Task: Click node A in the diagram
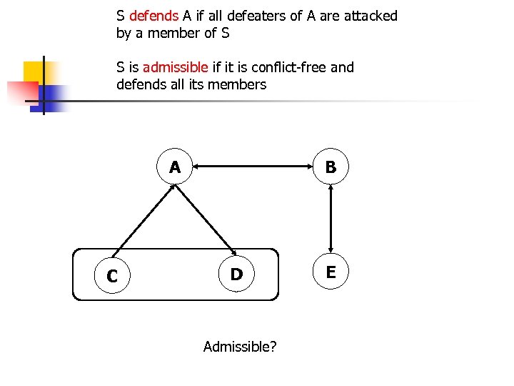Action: (x=175, y=167)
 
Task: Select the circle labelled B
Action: (x=331, y=167)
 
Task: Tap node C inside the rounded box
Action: (x=111, y=275)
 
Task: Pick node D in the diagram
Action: (x=236, y=274)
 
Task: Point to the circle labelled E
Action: (x=331, y=271)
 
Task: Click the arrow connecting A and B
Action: (x=253, y=167)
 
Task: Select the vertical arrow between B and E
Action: (x=331, y=219)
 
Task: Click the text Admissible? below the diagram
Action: (x=241, y=347)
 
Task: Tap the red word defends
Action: (x=154, y=16)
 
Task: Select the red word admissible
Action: (x=176, y=67)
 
